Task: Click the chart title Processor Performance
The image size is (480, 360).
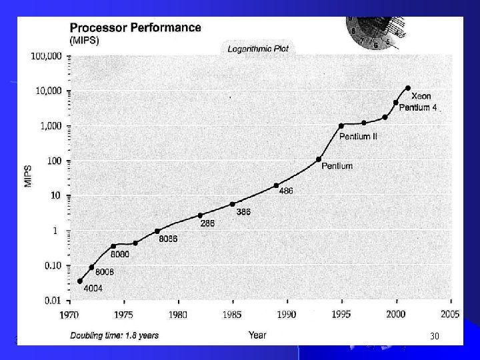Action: coord(135,28)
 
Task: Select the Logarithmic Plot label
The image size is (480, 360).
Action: coord(258,49)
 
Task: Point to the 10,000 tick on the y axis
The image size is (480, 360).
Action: coord(49,91)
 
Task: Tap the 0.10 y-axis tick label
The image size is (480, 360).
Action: coord(53,266)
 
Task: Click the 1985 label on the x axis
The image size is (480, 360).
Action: coord(232,315)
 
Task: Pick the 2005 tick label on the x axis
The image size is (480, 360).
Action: coord(450,315)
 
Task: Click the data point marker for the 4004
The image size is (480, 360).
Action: coord(80,281)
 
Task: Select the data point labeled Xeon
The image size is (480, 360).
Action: coord(408,88)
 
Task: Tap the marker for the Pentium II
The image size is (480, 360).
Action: coord(341,126)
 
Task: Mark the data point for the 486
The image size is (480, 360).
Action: coord(276,185)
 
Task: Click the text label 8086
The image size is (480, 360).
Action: coord(168,239)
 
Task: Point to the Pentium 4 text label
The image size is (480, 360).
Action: coord(418,108)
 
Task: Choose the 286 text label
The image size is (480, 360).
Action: coord(207,223)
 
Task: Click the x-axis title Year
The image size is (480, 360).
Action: coord(257,335)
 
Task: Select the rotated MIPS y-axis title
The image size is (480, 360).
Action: coord(28,176)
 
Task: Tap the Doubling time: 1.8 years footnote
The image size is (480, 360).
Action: coord(115,336)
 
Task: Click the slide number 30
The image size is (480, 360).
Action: coord(435,336)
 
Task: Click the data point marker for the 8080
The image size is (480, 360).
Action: coord(113,246)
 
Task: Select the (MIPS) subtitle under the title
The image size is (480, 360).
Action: coord(85,41)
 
